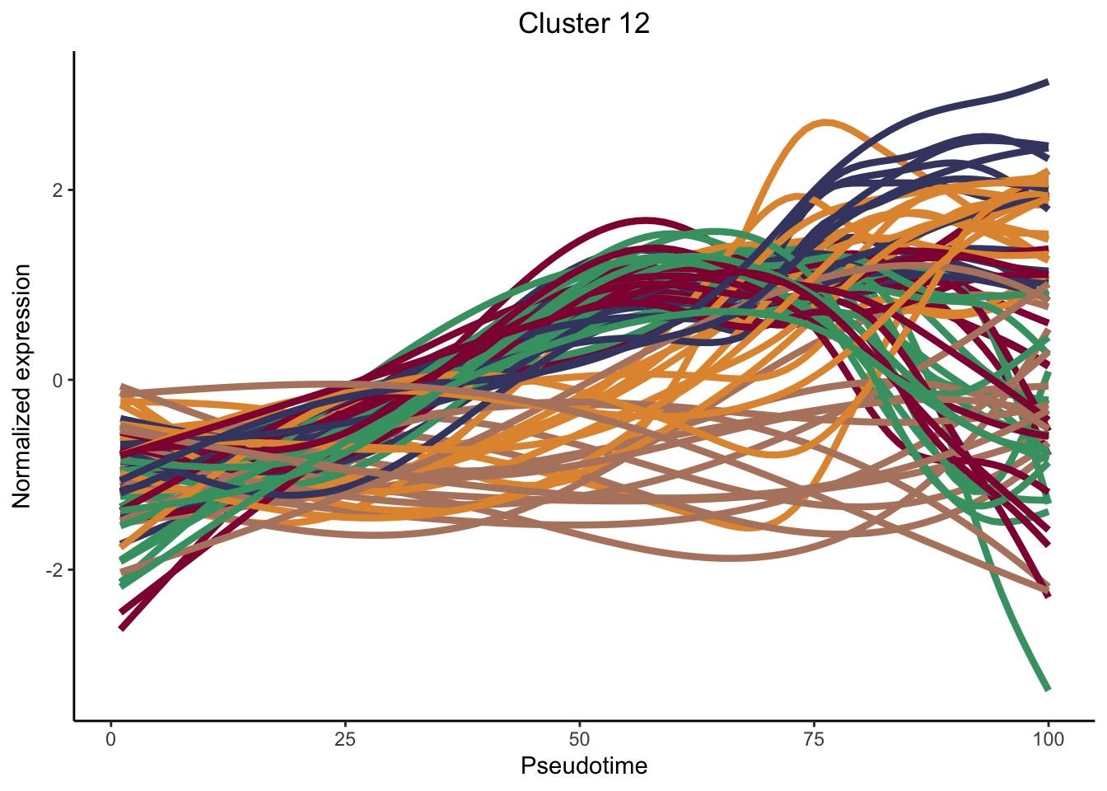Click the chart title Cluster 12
click(x=583, y=23)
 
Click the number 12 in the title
click(x=631, y=23)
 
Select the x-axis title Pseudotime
click(x=583, y=766)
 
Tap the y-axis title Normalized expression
click(x=22, y=386)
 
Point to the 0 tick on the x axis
click(x=111, y=739)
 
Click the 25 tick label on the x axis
click(x=345, y=739)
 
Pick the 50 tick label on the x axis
click(x=580, y=739)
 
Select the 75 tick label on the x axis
click(x=814, y=739)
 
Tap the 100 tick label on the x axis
click(x=1048, y=739)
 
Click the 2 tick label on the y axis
click(x=58, y=190)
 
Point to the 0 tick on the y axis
click(x=58, y=380)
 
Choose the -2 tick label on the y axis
click(x=54, y=570)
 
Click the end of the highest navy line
click(x=1048, y=82)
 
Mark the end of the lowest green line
click(x=1048, y=689)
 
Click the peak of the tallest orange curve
click(x=824, y=122)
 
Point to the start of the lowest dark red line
click(x=121, y=629)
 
